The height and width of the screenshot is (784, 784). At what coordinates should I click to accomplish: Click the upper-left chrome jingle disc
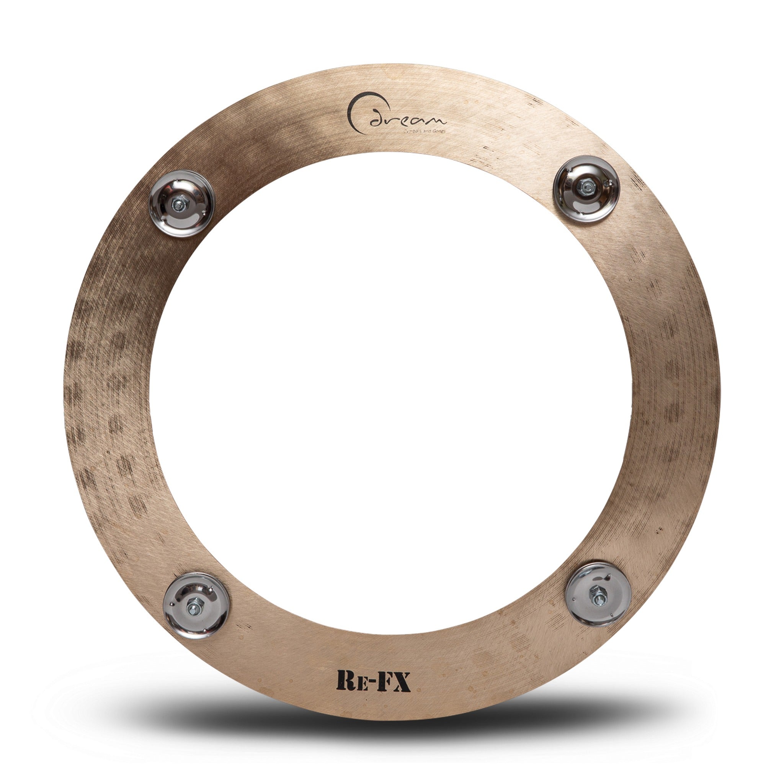pos(181,203)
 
